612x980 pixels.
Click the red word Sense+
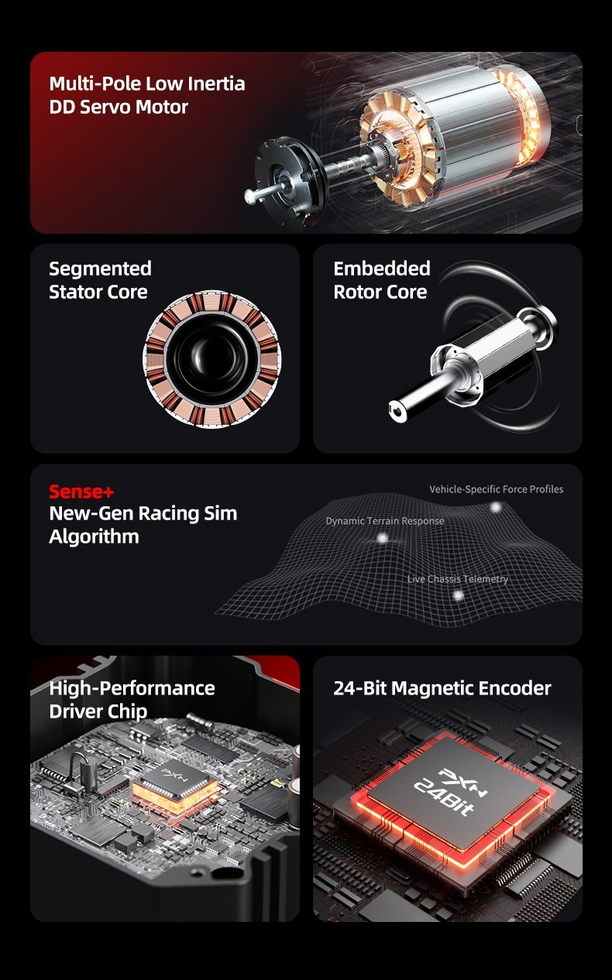pos(81,492)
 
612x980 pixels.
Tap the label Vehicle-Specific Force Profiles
pos(496,489)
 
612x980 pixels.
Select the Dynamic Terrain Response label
pos(385,521)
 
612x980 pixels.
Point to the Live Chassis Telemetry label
pos(458,579)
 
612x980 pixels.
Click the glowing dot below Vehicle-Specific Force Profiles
pos(495,507)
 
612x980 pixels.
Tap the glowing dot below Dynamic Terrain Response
pos(382,538)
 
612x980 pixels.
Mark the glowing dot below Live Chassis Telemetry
pos(458,595)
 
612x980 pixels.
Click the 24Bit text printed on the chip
pos(443,797)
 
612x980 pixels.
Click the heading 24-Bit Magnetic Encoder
pos(442,688)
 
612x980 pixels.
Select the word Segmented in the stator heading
pos(100,269)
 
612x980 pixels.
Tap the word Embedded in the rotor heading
pos(382,269)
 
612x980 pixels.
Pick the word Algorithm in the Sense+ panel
pos(94,536)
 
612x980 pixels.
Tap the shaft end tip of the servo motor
pos(250,197)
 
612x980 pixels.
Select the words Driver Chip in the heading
pos(98,712)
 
